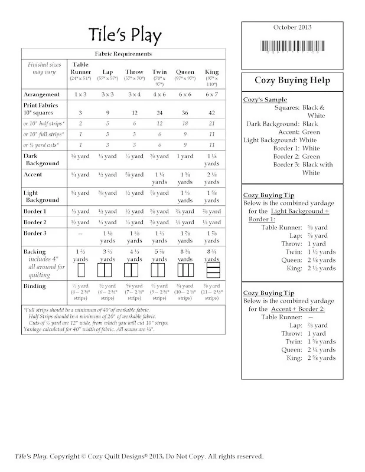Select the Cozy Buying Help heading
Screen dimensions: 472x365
click(292, 80)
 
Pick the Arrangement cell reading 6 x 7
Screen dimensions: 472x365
click(211, 94)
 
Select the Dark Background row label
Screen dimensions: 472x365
click(41, 160)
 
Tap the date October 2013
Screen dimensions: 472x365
click(292, 27)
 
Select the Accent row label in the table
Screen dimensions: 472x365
click(33, 175)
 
